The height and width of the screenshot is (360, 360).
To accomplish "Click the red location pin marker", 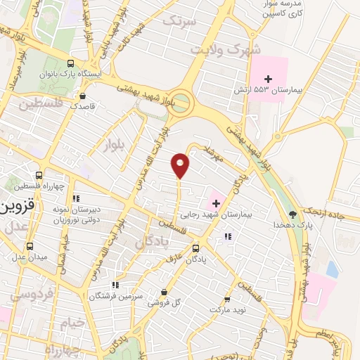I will tap(181, 165).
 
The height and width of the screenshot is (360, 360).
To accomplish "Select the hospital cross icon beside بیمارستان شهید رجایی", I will tap(216, 203).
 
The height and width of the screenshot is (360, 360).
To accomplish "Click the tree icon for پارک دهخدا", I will tap(293, 214).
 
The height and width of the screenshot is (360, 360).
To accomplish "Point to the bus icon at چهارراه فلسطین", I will tap(39, 176).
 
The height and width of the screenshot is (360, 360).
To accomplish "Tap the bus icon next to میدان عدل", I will tap(30, 246).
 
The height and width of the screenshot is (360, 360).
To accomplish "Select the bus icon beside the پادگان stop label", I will tap(195, 248).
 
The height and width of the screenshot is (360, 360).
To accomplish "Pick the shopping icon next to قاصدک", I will tap(83, 96).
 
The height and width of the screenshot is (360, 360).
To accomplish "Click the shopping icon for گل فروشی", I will tap(164, 292).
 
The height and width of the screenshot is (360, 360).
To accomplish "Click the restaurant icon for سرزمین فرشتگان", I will tap(116, 285).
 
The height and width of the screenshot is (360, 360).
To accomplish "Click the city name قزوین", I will tap(15, 209).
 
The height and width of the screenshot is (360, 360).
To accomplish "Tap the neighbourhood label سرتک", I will tap(177, 22).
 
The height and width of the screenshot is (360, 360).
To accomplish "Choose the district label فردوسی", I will tap(28, 295).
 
